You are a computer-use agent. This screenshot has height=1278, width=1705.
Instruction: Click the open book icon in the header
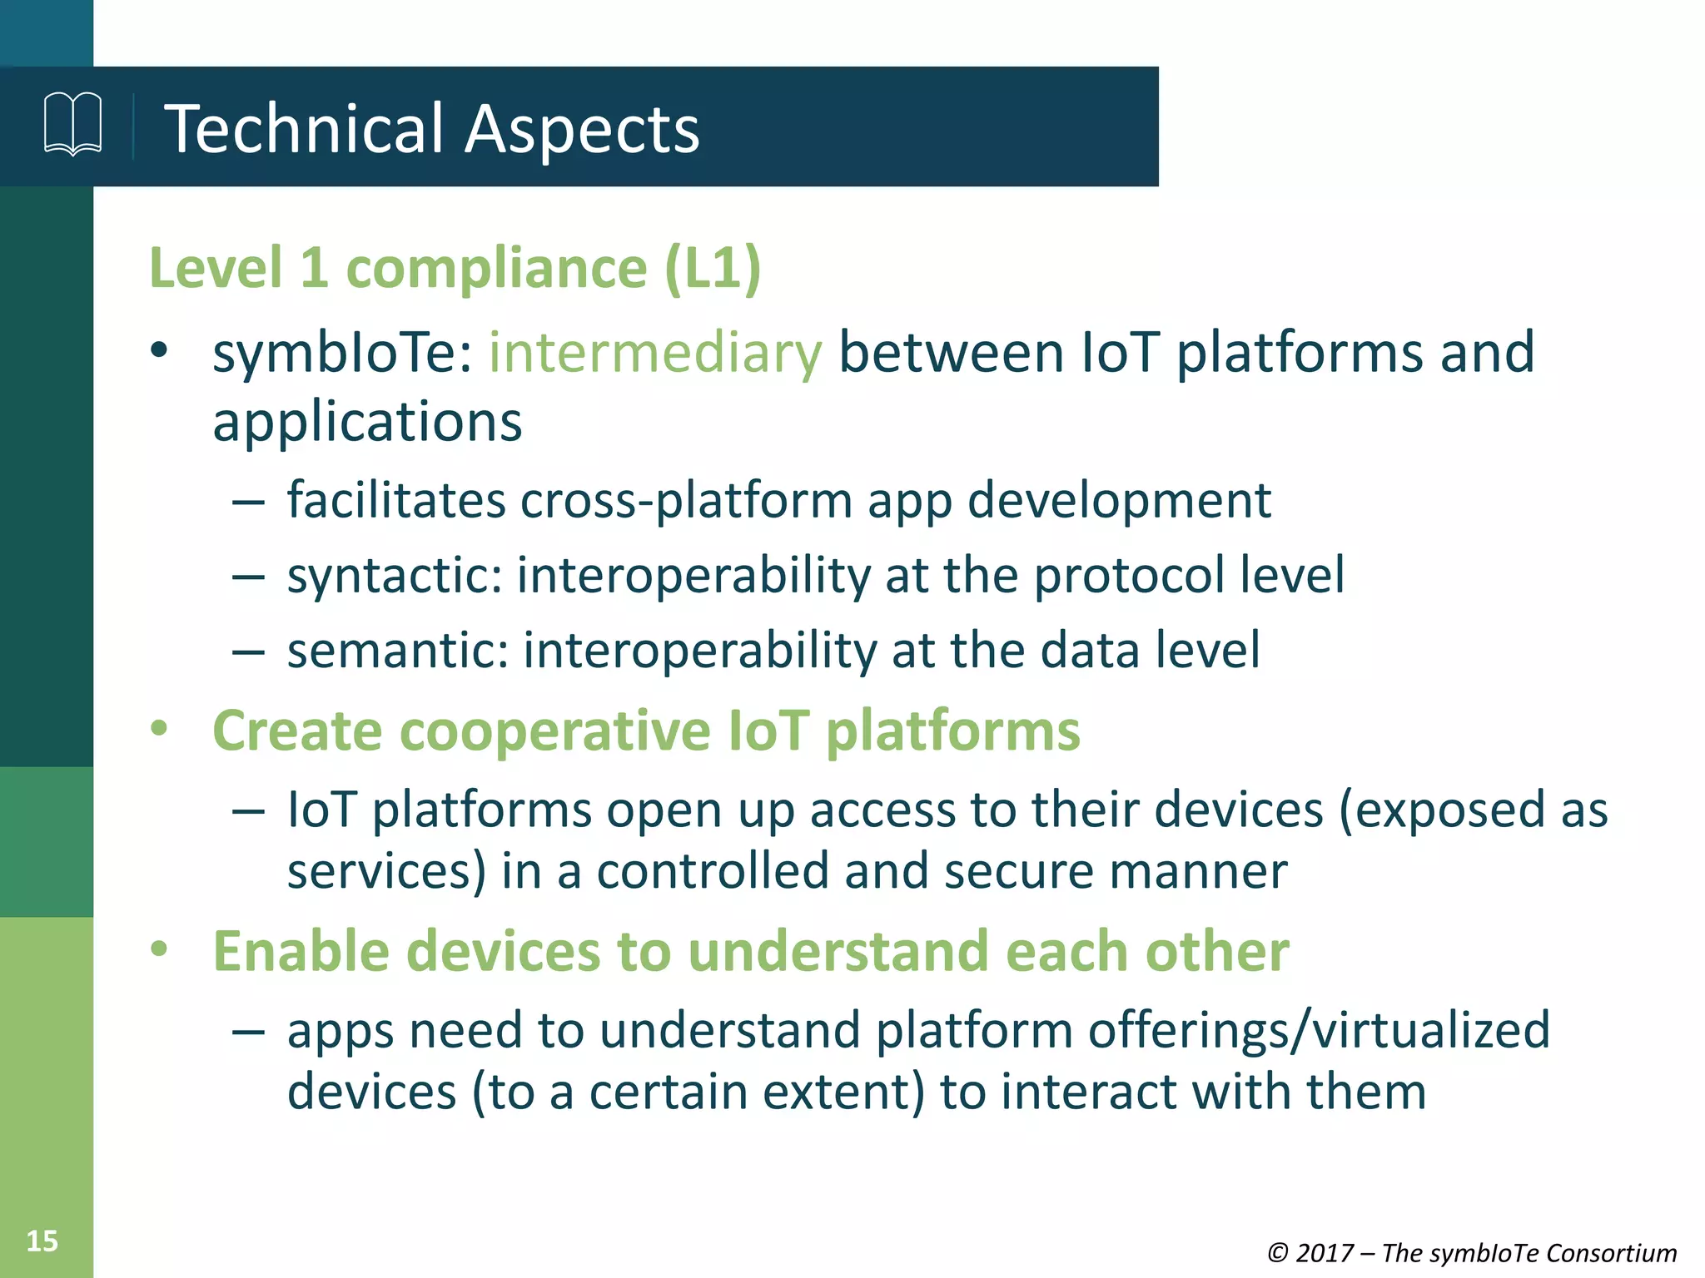click(73, 125)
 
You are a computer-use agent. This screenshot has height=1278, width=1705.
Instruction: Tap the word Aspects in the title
click(582, 131)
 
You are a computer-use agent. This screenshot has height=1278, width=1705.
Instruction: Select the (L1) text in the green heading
click(713, 269)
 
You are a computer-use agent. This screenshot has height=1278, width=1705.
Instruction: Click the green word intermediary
click(655, 353)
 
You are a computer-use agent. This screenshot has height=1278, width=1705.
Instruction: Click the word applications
click(367, 423)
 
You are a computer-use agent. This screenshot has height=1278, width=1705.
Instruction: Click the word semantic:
click(398, 651)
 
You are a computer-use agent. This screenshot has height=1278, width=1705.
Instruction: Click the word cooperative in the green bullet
click(555, 731)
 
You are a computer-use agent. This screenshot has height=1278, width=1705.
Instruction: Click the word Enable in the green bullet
click(301, 951)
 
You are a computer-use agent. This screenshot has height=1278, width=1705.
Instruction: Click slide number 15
click(42, 1241)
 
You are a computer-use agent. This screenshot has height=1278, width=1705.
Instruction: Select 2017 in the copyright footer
click(1325, 1253)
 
